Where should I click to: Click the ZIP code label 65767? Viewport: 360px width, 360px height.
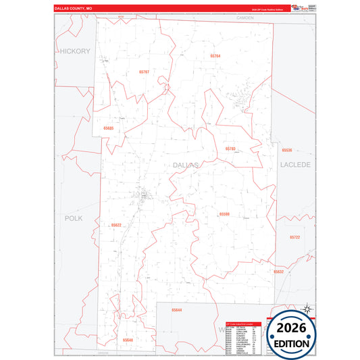[143, 71]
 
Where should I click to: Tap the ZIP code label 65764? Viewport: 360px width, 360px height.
[215, 56]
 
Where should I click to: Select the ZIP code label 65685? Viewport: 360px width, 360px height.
[109, 128]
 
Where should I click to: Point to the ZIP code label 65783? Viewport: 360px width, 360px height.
[230, 149]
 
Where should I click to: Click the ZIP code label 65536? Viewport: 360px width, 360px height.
[287, 150]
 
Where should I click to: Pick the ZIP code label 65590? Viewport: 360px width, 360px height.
[224, 213]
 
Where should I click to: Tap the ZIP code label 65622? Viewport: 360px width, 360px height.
[116, 225]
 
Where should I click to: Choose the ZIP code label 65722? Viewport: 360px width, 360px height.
[294, 237]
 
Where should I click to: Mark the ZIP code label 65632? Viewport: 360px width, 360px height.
[278, 272]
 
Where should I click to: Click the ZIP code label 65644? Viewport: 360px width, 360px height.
[176, 310]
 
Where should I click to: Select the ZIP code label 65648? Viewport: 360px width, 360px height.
[128, 340]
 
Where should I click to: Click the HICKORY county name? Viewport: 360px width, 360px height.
[74, 51]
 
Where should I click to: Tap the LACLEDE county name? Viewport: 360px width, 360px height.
[294, 164]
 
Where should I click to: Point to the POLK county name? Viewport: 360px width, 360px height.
[73, 218]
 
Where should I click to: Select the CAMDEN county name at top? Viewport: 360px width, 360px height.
[245, 18]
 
